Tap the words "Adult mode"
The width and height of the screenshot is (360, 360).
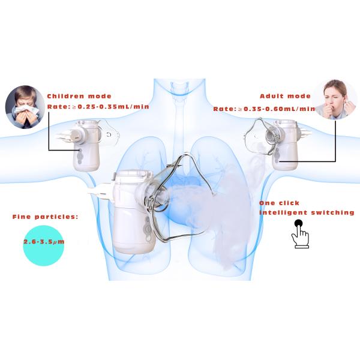point(285,96)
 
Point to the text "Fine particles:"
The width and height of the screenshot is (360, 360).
point(45,216)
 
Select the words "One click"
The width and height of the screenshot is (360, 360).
point(279,203)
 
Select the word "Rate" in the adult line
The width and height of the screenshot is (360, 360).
point(224,109)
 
